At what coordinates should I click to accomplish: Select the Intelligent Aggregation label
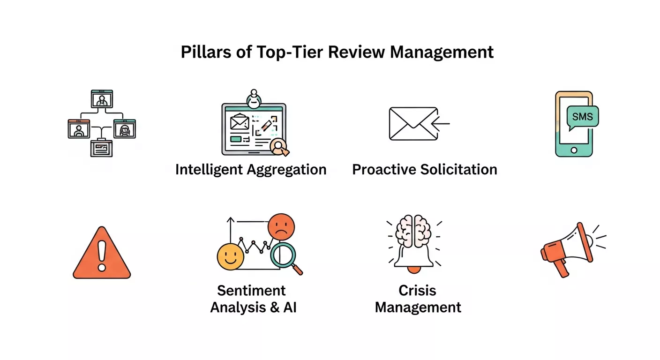click(x=251, y=169)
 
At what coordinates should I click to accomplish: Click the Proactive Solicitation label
click(x=425, y=169)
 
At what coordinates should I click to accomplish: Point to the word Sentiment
click(x=251, y=291)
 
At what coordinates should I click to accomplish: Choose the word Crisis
click(x=417, y=291)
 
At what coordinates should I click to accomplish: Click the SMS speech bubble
click(x=582, y=117)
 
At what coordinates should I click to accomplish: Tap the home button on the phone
click(x=573, y=150)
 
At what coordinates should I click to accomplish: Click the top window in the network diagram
click(x=102, y=99)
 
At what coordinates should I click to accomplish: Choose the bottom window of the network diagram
click(x=101, y=148)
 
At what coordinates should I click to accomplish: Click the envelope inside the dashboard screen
click(x=239, y=123)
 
